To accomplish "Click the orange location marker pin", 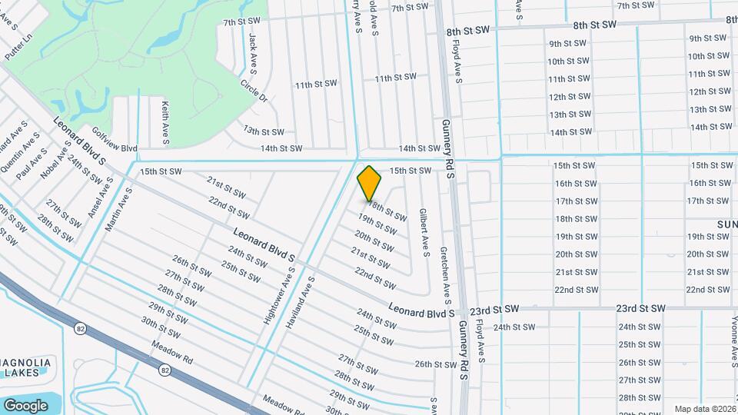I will (369, 183).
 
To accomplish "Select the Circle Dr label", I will (253, 91).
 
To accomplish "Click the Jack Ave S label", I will (253, 51).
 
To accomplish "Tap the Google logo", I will (25, 405).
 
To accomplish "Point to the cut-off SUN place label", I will (727, 224).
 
